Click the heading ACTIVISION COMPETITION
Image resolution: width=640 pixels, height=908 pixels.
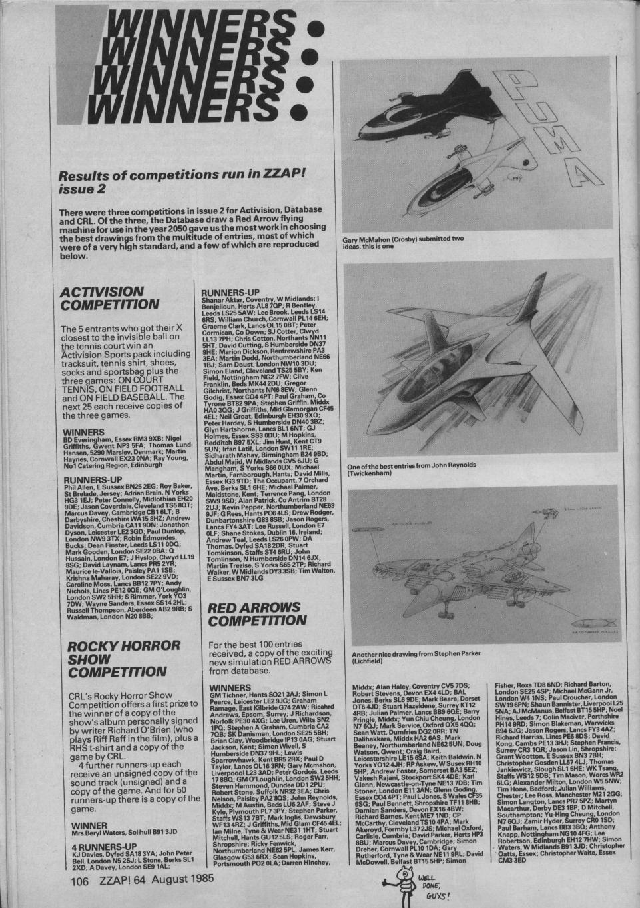[109, 298]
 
